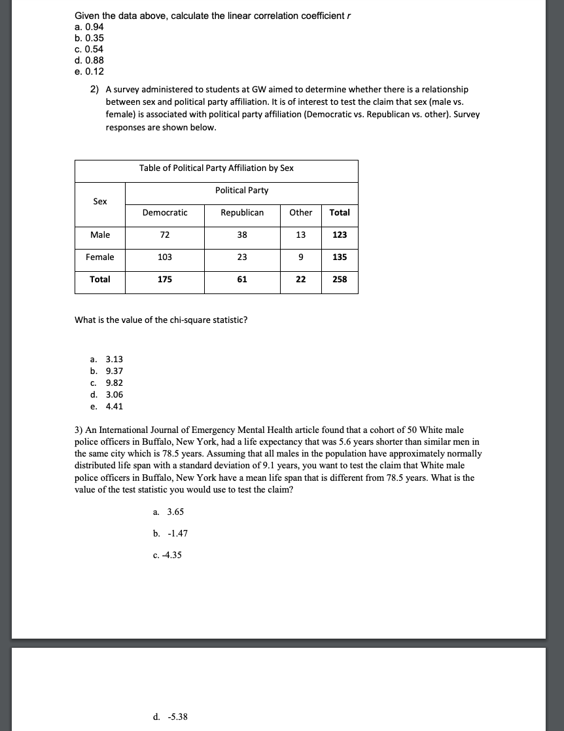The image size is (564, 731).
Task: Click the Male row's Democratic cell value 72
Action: tap(165, 234)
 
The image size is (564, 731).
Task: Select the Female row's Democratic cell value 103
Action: tap(165, 257)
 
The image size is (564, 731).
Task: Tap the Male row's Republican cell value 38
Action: tap(242, 234)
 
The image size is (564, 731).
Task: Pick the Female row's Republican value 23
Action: tap(242, 257)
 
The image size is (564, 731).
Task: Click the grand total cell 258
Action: tap(340, 279)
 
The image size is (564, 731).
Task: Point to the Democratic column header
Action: tap(165, 212)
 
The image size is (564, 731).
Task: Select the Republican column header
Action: tap(242, 212)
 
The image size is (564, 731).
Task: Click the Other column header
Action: tap(300, 212)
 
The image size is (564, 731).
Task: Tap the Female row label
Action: tap(99, 257)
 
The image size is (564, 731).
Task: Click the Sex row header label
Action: tap(99, 201)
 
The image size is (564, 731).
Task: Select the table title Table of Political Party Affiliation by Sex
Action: tap(216, 168)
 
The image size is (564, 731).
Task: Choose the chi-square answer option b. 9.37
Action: tap(107, 371)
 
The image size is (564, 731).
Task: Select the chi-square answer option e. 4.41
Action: tap(107, 406)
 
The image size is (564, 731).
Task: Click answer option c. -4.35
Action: tap(167, 555)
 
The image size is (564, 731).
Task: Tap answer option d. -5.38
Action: tap(170, 717)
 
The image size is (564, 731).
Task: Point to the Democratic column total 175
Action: tap(165, 279)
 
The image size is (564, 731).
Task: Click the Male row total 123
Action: tap(340, 234)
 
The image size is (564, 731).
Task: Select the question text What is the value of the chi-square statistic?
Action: tap(161, 320)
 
